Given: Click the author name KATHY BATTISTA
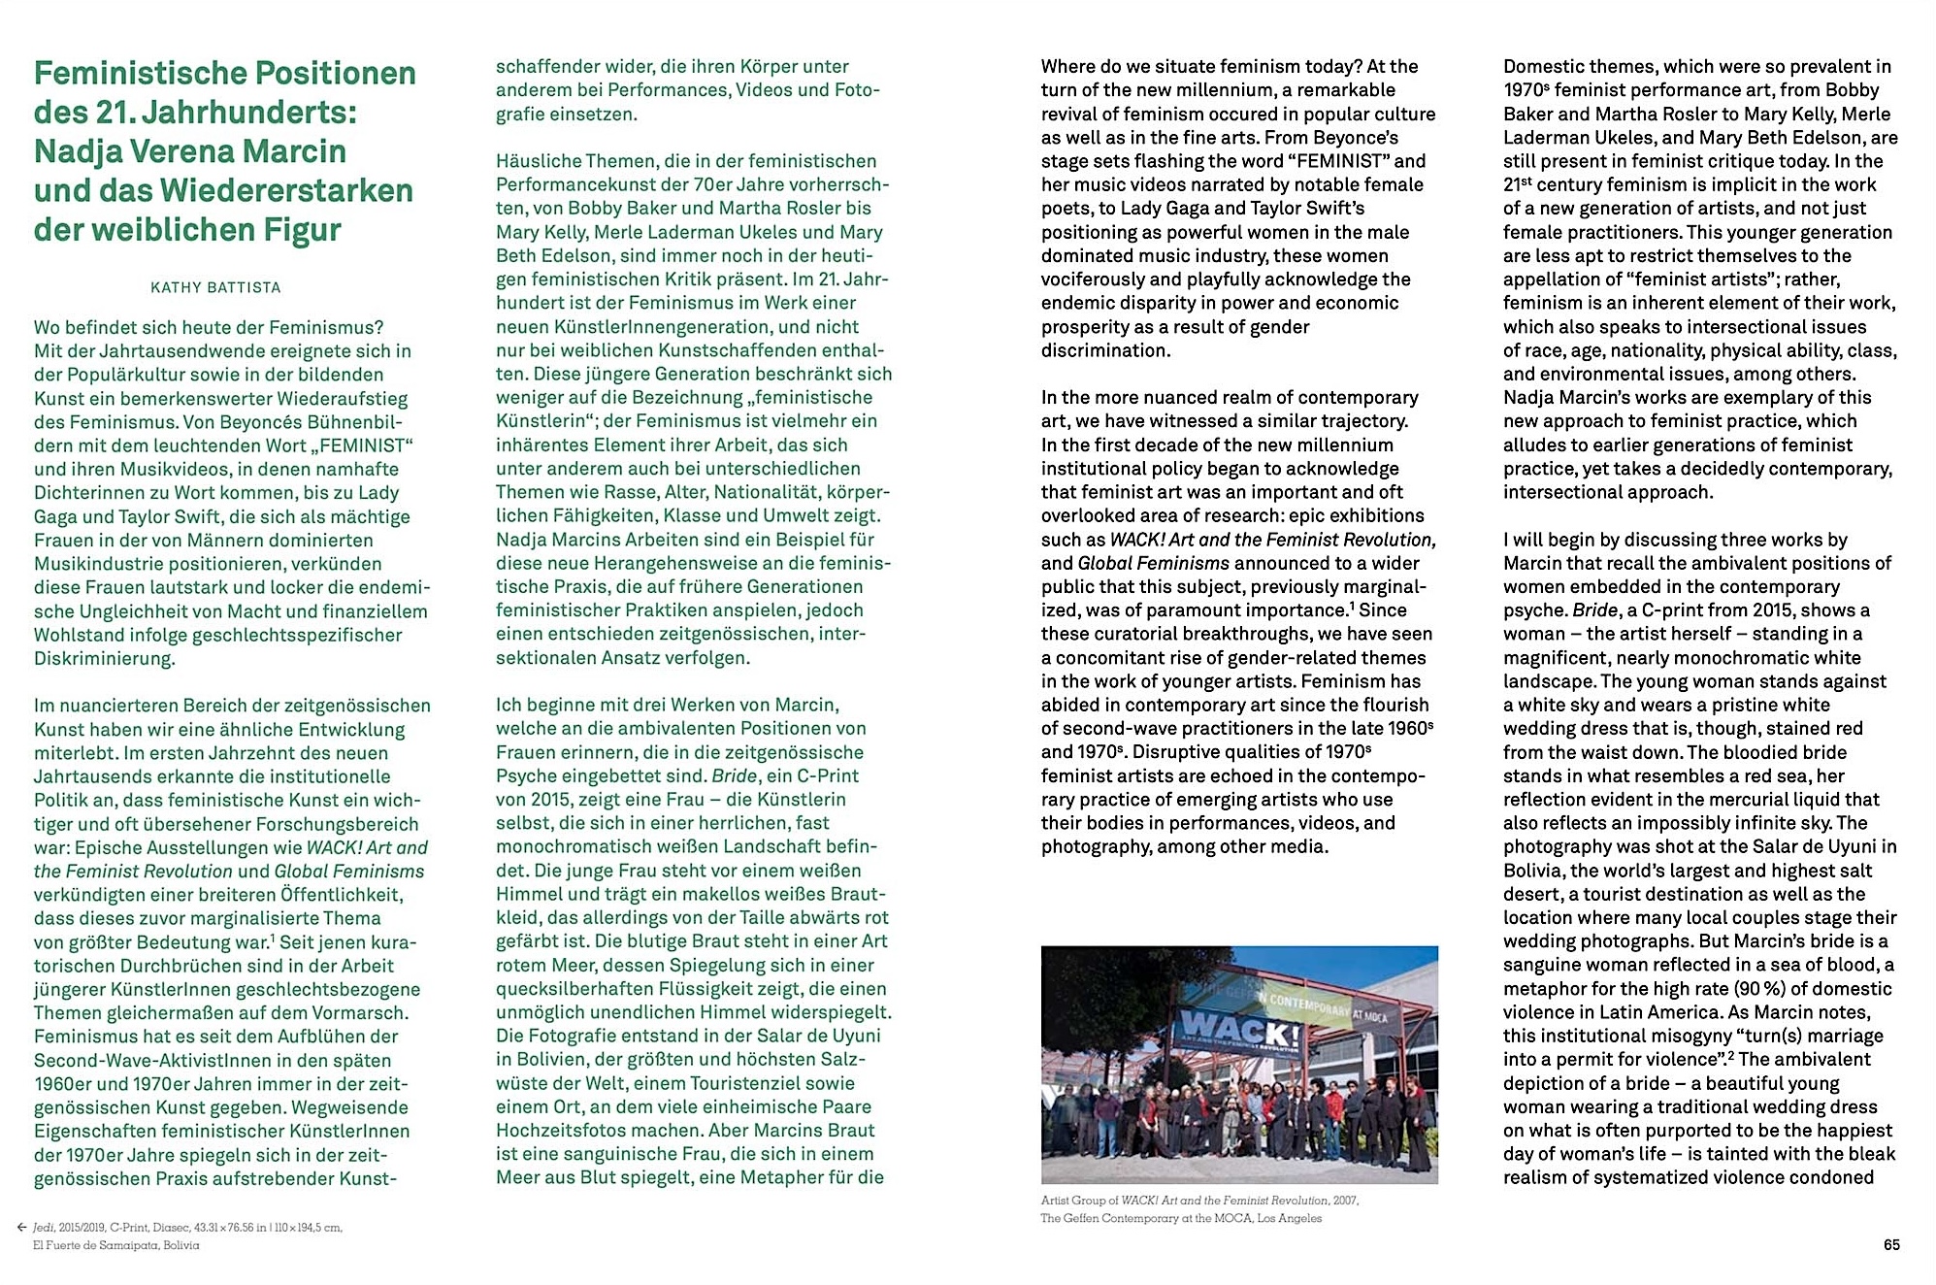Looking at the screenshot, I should [x=215, y=287].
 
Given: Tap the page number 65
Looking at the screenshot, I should [x=1891, y=1244].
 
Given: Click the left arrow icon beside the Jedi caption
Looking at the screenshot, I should [x=21, y=1228].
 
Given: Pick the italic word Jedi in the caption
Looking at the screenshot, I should [x=44, y=1228].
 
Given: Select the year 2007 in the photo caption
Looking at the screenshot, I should [x=1345, y=1201].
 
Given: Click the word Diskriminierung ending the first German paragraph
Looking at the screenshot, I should [x=104, y=658].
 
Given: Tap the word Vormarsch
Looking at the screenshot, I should [x=364, y=1012].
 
